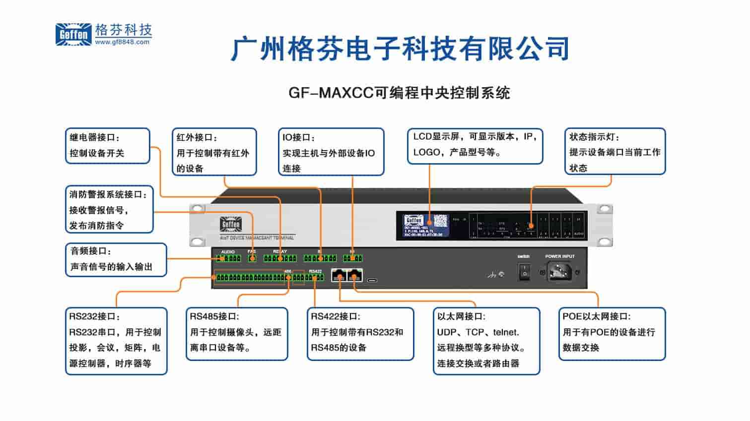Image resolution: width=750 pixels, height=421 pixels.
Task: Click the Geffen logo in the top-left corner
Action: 73,35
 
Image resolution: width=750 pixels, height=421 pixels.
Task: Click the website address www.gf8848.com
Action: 122,43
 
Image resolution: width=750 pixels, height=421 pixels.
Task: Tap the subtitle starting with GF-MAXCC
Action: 399,93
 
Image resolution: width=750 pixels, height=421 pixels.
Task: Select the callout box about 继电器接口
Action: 107,145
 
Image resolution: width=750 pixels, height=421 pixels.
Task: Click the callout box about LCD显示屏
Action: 475,145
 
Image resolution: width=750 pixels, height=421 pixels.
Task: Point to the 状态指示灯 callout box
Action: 614,151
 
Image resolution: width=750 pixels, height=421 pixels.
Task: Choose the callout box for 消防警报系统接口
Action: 109,209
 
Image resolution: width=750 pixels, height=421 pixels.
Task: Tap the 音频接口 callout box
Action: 116,259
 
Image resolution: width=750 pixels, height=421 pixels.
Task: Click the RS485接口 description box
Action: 237,333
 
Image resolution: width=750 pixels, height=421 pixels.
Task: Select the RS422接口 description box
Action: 360,333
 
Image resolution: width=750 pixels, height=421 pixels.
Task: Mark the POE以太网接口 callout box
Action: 612,333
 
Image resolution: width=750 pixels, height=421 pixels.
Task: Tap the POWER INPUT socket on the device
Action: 559,272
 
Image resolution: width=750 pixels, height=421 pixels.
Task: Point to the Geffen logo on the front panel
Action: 230,224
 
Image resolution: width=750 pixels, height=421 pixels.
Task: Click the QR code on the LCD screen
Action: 441,221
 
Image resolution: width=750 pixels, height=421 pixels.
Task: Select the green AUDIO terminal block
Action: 229,258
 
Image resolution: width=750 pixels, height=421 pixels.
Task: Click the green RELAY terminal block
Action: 280,258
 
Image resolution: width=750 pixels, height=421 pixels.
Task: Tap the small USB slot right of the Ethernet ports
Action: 372,280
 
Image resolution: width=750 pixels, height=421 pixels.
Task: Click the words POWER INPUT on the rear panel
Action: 560,256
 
